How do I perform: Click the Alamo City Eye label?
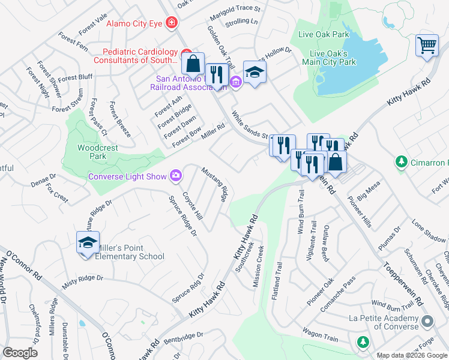pos(134,24)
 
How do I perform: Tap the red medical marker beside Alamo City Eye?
pos(172,23)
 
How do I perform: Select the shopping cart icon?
pos(426,44)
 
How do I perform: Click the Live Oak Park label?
pos(324,34)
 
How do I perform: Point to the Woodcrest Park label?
pos(92,152)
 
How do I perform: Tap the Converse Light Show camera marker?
pos(176,175)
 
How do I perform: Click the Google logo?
pos(20,352)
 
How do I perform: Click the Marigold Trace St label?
pos(235,9)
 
